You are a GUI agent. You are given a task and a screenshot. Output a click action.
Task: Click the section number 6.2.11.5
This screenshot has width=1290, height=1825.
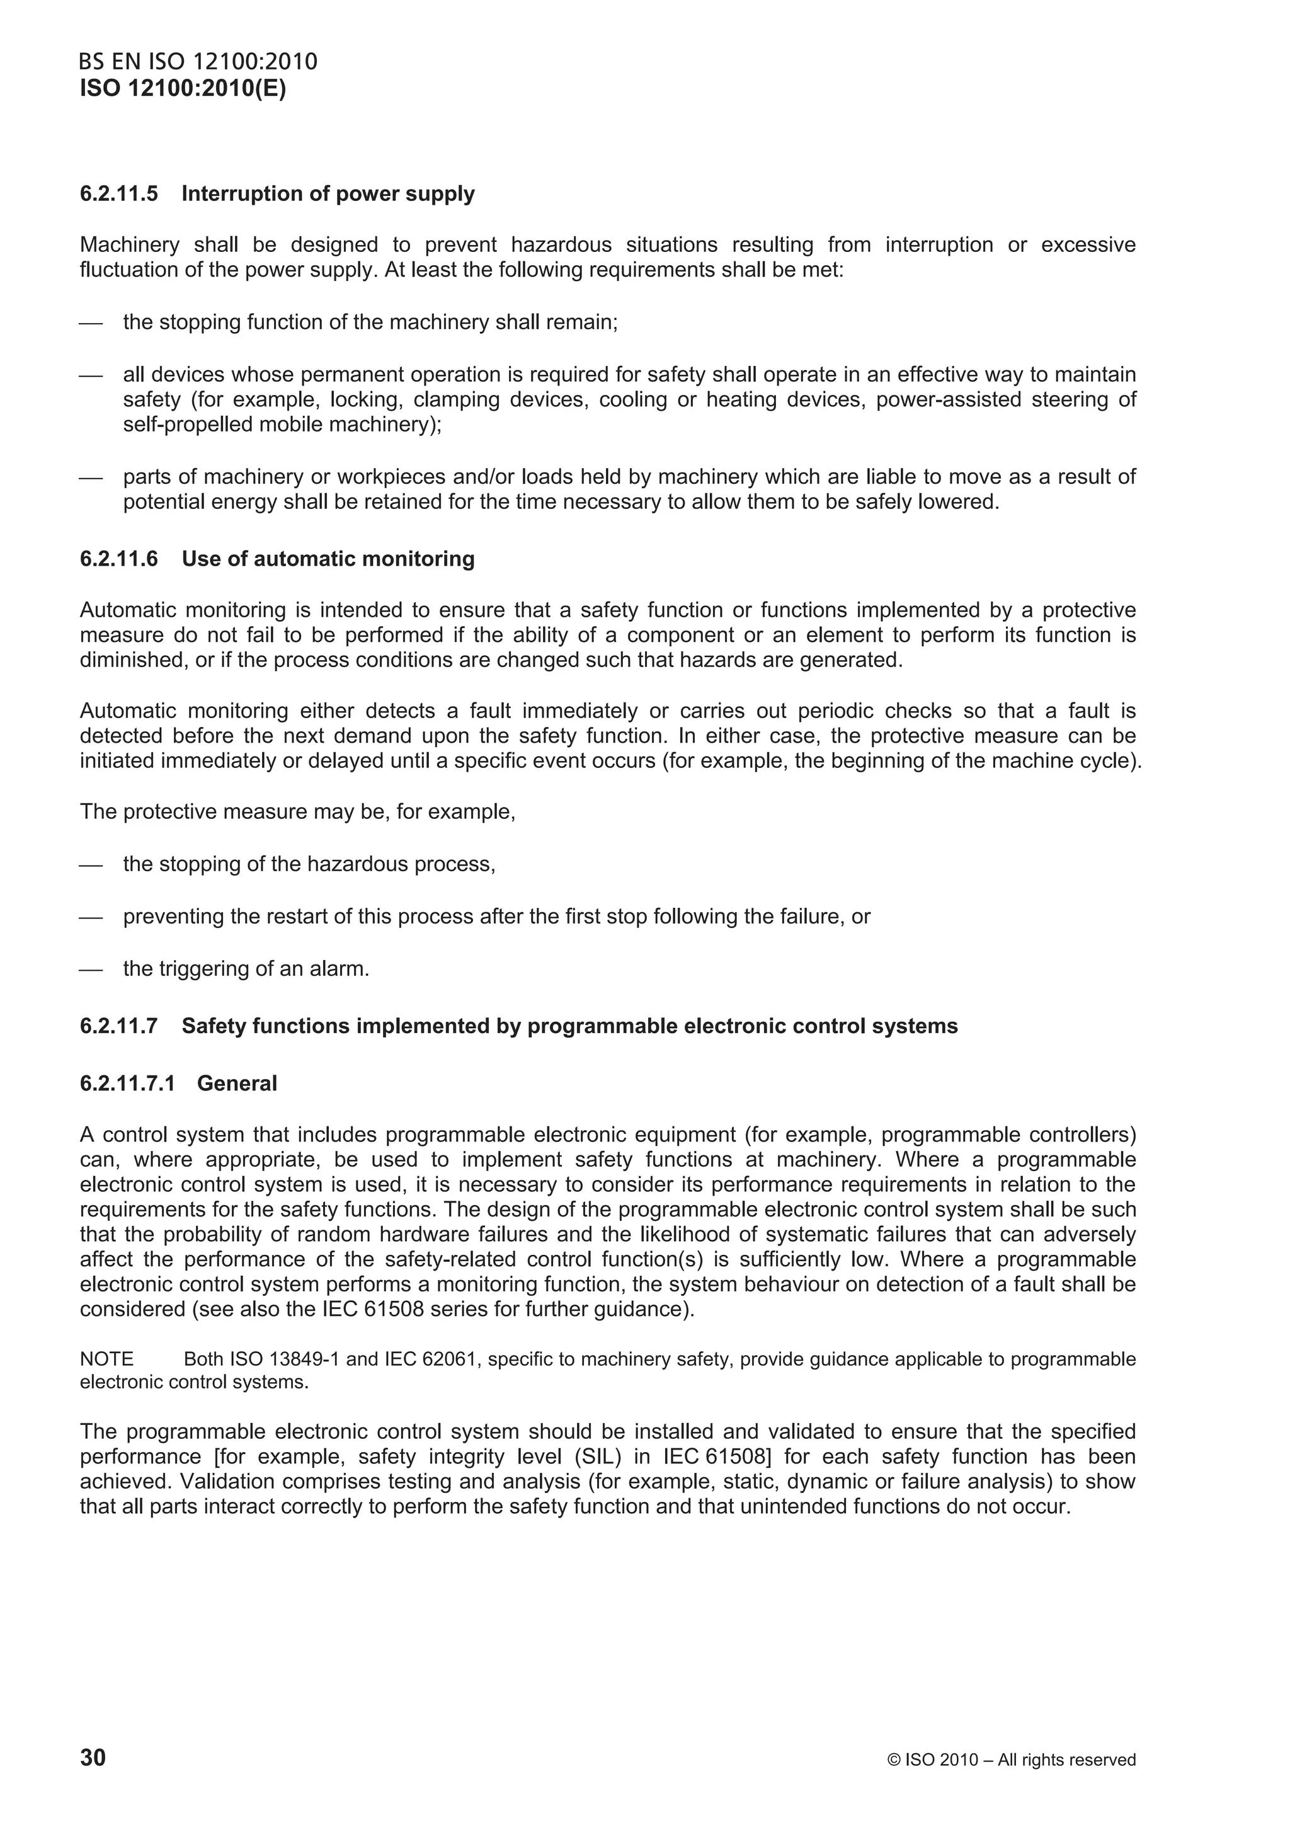point(118,194)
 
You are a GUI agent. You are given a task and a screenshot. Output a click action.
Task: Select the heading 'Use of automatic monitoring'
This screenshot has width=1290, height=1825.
point(328,559)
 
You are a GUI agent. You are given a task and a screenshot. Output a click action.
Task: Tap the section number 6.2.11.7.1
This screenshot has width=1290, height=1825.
point(127,1084)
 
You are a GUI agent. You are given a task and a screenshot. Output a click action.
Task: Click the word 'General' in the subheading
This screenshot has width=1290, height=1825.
point(237,1084)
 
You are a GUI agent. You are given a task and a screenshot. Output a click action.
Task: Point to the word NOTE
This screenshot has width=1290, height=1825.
point(106,1359)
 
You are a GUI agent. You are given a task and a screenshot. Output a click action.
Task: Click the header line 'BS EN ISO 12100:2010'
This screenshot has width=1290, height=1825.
point(198,62)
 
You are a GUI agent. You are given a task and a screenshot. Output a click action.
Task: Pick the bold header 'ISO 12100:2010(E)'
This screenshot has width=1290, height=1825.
point(183,88)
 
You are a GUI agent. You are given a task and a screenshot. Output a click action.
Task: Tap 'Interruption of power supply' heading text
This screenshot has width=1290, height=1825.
point(328,194)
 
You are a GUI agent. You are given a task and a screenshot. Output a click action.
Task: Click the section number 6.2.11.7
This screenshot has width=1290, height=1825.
point(118,1026)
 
